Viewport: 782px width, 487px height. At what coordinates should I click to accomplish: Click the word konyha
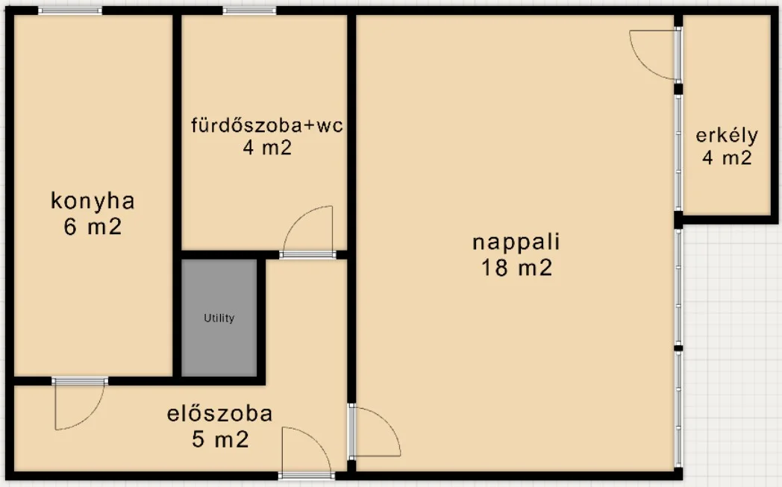click(93, 201)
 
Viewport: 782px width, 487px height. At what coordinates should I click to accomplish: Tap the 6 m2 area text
click(93, 227)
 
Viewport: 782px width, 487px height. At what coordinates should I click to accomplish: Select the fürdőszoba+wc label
click(266, 125)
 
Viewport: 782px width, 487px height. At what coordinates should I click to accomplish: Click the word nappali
click(516, 242)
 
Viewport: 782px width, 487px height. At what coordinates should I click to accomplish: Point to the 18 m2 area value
click(516, 268)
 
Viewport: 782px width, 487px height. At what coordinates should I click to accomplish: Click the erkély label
click(727, 136)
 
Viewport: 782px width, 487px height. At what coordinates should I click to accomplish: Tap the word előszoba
click(219, 413)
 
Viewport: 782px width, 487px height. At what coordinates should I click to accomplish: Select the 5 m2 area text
click(219, 440)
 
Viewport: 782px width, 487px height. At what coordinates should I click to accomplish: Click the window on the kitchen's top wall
click(70, 10)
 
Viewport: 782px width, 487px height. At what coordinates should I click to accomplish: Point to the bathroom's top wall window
click(248, 10)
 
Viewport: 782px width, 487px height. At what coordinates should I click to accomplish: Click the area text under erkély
click(727, 158)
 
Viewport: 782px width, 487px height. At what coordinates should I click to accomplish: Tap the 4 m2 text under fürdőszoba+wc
click(266, 148)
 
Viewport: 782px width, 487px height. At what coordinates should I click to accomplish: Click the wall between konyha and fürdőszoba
click(177, 134)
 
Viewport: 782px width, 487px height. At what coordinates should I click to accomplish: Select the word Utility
click(219, 318)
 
